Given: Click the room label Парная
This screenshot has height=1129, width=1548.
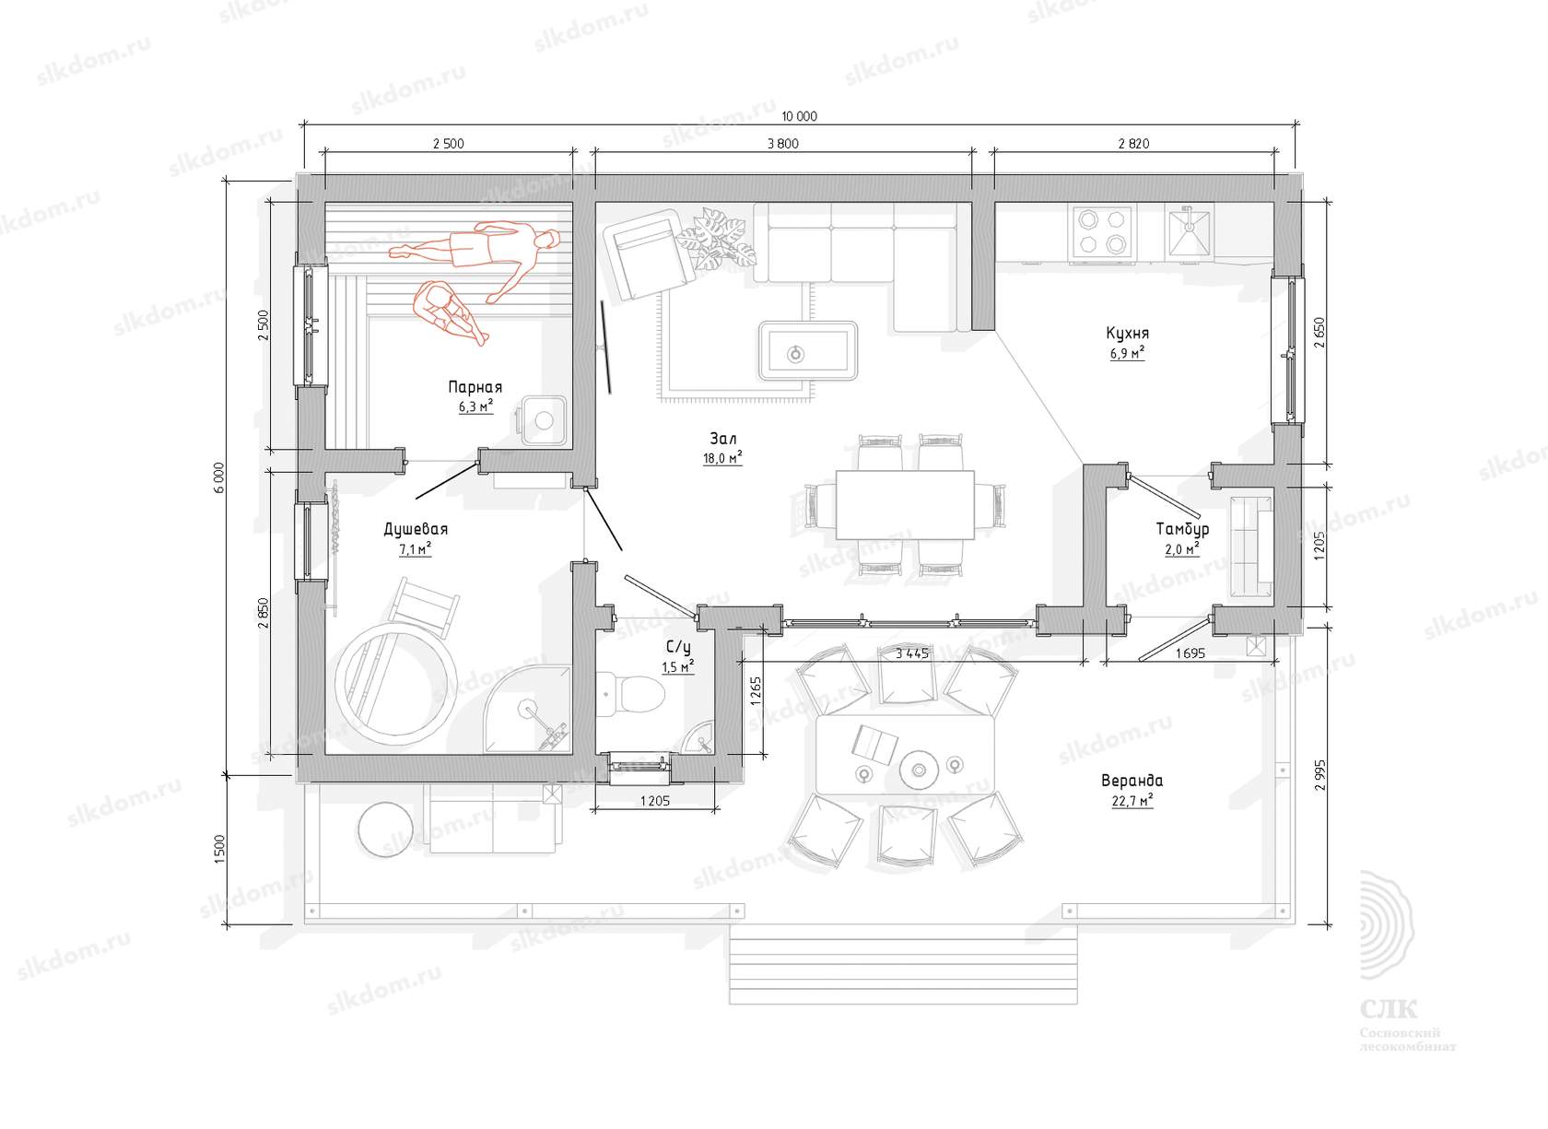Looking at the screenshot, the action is click(475, 387).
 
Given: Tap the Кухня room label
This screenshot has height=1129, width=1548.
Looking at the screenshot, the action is click(1127, 334).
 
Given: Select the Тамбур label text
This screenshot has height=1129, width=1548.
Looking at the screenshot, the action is click(1182, 530).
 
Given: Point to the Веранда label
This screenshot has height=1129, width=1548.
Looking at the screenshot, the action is click(1132, 781).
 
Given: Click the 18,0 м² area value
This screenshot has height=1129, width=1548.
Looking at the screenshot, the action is click(722, 458).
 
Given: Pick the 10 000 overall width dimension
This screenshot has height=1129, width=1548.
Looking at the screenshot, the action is click(799, 116).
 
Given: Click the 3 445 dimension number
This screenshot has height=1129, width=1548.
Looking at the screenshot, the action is click(912, 653).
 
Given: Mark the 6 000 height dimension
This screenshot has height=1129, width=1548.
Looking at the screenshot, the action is click(219, 477).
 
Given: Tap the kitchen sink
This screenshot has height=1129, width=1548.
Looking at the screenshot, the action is click(1190, 231).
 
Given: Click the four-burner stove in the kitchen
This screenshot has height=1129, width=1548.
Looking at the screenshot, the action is click(1102, 233).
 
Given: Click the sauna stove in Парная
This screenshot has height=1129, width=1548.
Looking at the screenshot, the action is click(544, 420).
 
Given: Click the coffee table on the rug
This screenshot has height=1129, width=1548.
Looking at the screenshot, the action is click(807, 351).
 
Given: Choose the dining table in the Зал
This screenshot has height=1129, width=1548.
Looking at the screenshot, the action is click(905, 505).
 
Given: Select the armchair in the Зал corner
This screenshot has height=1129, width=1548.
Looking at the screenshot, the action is click(648, 253).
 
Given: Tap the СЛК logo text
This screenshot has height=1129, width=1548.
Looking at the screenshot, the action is click(1389, 1009).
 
